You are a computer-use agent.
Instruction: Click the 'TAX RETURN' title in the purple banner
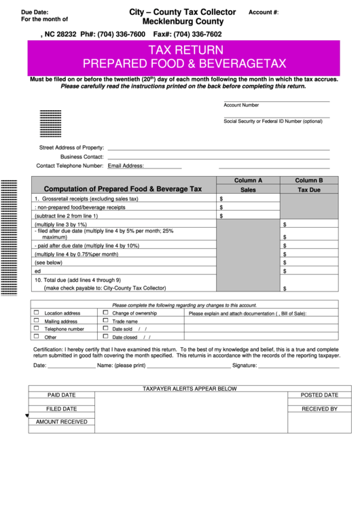[x=185, y=50]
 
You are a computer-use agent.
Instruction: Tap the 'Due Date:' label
[x=35, y=12]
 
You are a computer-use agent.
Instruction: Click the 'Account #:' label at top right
[x=264, y=13]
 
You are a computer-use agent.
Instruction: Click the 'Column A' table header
[x=248, y=180]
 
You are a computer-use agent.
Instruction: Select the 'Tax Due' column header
[x=309, y=190]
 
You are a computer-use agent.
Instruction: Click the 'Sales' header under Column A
[x=248, y=190]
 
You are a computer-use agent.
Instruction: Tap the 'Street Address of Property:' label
[x=71, y=147]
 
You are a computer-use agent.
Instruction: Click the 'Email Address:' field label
[x=126, y=165]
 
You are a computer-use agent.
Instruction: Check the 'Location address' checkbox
[x=37, y=313]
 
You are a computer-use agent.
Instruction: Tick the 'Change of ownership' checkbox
[x=105, y=313]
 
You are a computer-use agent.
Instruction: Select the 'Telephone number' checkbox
[x=37, y=328]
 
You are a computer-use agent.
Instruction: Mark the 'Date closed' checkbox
[x=105, y=336]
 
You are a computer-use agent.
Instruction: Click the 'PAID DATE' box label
[x=61, y=395]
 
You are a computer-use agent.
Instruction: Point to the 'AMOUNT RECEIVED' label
[x=61, y=422]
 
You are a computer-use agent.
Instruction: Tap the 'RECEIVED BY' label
[x=319, y=409]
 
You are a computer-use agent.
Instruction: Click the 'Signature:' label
[x=245, y=365]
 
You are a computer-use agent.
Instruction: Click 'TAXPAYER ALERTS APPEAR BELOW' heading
[x=190, y=388]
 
